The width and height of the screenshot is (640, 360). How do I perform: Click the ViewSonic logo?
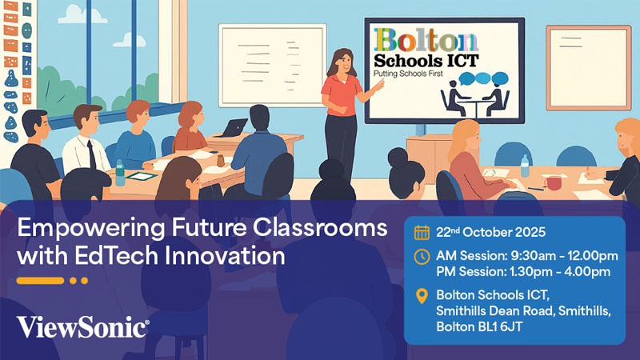point(82,326)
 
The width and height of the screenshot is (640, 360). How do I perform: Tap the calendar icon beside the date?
point(422,233)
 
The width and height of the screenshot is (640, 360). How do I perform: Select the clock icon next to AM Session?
point(422,256)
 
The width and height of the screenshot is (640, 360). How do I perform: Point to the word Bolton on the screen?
point(426,41)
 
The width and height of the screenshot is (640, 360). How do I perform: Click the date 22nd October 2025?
point(490,233)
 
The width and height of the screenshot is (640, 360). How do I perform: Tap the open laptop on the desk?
point(236,127)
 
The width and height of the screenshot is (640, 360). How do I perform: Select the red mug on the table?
point(553,182)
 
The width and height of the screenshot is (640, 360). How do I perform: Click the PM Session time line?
point(523,272)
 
